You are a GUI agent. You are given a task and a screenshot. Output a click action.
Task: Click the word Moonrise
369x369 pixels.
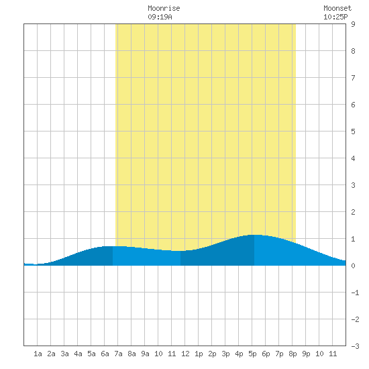coord(164,8)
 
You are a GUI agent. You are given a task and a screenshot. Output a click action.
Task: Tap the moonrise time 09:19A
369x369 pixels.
coord(160,17)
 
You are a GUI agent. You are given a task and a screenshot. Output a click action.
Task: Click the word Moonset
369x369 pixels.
coord(337,8)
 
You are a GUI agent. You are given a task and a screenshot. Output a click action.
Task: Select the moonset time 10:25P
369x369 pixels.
coord(335,17)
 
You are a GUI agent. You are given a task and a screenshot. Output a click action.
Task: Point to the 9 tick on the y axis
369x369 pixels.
coord(353,24)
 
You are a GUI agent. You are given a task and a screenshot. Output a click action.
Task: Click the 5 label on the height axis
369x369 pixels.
coord(353,131)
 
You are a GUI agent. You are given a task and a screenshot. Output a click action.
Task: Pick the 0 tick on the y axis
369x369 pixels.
coord(353,266)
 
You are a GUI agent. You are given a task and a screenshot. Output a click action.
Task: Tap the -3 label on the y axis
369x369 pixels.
coord(355,346)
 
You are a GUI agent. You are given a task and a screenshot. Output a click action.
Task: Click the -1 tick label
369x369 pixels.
coord(355,293)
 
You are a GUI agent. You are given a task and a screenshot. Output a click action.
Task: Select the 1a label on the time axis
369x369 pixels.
coord(38,354)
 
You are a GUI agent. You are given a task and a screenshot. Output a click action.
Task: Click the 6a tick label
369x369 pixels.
coord(105,354)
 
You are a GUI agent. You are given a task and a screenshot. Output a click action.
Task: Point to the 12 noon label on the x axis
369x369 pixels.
coord(185,354)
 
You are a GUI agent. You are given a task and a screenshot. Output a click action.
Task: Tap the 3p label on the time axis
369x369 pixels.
coord(225,354)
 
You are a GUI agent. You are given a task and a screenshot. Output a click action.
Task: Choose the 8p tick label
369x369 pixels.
coord(293,354)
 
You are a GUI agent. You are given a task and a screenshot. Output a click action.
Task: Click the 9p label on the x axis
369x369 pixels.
coord(306,354)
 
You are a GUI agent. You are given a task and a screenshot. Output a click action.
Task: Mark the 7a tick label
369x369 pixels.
coord(118,354)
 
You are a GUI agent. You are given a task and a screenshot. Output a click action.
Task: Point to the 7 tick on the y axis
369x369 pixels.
coord(353,78)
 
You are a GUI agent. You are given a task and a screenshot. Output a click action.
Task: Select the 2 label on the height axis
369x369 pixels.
coord(353,212)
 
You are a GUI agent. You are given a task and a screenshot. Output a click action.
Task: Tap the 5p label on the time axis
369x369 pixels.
coord(252,354)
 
